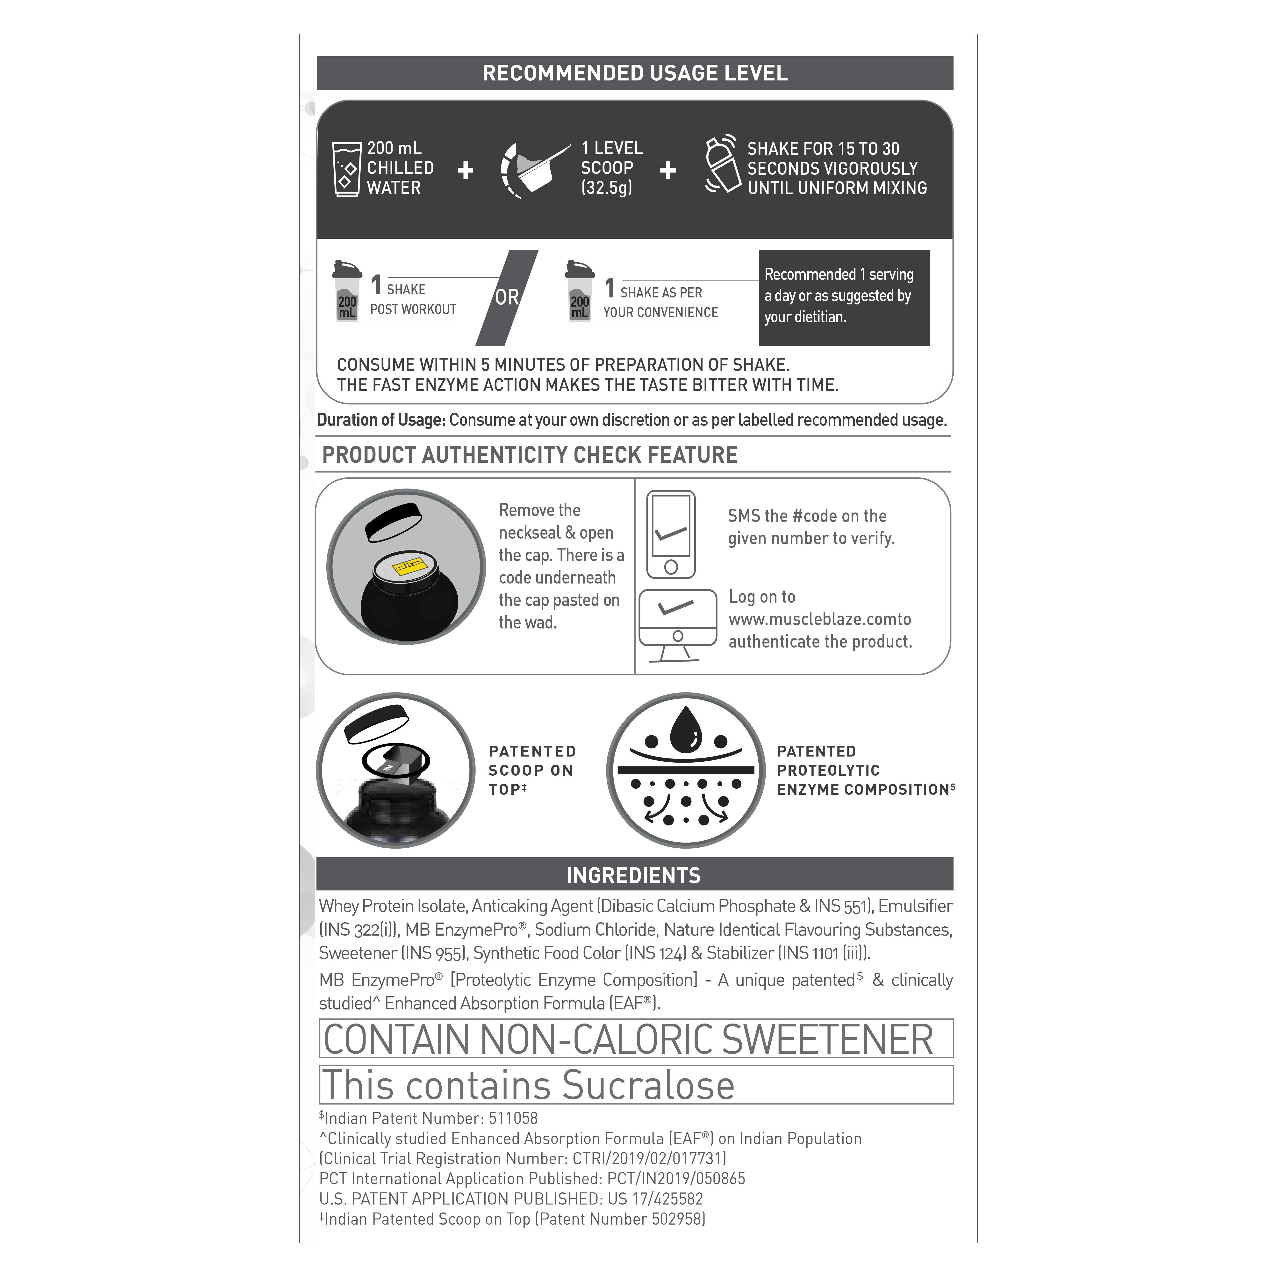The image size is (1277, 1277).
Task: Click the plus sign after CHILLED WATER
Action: pyautogui.click(x=465, y=171)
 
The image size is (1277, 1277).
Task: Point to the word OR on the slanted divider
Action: pyautogui.click(x=507, y=297)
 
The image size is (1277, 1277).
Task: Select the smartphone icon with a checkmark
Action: pyautogui.click(x=671, y=534)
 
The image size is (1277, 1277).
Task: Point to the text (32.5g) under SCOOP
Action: pyautogui.click(x=607, y=188)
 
